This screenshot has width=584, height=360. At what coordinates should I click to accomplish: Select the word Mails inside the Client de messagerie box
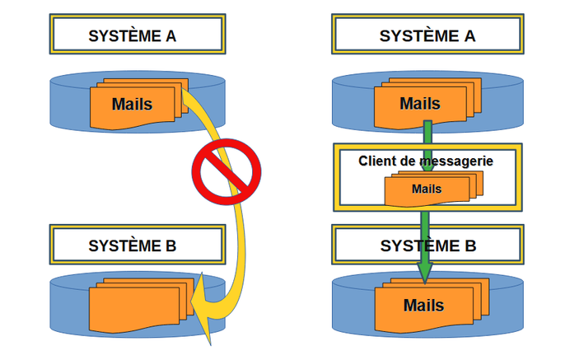click(x=427, y=189)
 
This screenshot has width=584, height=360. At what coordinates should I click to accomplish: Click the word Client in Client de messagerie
click(x=378, y=161)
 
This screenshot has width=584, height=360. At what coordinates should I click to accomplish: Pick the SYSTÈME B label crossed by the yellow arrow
click(x=137, y=245)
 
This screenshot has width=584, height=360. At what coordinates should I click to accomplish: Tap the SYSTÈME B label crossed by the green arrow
click(x=427, y=245)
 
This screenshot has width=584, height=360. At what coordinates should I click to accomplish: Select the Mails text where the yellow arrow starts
click(x=132, y=104)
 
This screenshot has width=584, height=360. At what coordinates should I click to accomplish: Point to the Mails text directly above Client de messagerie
click(x=420, y=104)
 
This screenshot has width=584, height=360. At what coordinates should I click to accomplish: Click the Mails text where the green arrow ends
click(x=423, y=306)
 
